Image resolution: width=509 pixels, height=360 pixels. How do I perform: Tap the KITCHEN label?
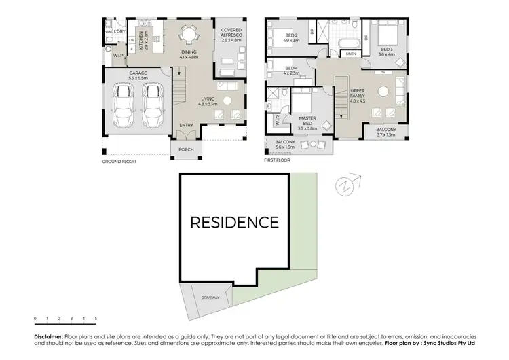click(x=141, y=41)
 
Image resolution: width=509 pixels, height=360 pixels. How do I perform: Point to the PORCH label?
click(x=187, y=150)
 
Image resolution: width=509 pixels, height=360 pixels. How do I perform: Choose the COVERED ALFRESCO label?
click(x=231, y=33)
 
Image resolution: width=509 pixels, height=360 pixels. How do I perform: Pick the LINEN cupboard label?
click(x=350, y=54)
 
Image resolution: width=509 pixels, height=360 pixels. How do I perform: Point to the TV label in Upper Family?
click(x=383, y=71)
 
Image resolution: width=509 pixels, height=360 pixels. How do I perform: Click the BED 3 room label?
click(x=387, y=49)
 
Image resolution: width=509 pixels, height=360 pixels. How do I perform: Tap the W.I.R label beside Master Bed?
click(x=278, y=121)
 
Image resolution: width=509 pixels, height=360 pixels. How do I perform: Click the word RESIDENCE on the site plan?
click(x=234, y=222)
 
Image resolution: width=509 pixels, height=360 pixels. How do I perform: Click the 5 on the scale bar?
click(x=96, y=319)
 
